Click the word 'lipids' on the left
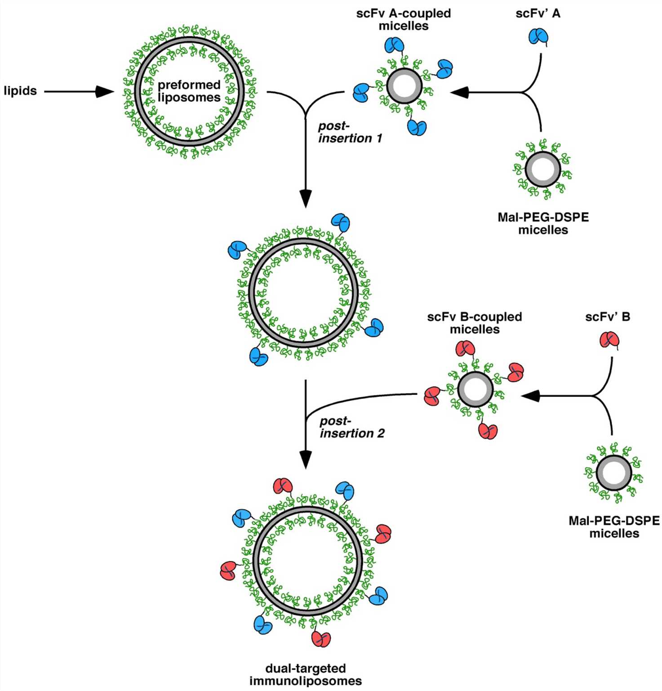[20, 91]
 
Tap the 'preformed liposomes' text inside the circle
[189, 91]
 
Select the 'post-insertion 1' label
[350, 132]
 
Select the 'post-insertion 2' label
[351, 427]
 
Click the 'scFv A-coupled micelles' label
[403, 20]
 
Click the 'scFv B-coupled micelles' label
[474, 323]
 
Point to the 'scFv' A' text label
[538, 13]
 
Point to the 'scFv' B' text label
[608, 317]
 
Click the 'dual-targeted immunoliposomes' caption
[306, 674]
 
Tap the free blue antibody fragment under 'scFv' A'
[538, 36]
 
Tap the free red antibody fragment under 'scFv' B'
[609, 340]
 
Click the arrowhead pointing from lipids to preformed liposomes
[104, 92]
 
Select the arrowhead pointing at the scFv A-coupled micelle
[460, 93]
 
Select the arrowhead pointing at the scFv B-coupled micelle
[530, 396]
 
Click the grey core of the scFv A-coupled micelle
[404, 86]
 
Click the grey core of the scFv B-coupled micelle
[475, 389]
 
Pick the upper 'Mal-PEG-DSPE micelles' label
[543, 223]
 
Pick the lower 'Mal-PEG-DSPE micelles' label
[614, 527]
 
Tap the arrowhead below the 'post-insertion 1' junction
[306, 198]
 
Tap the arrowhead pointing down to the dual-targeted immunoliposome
[306, 459]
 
